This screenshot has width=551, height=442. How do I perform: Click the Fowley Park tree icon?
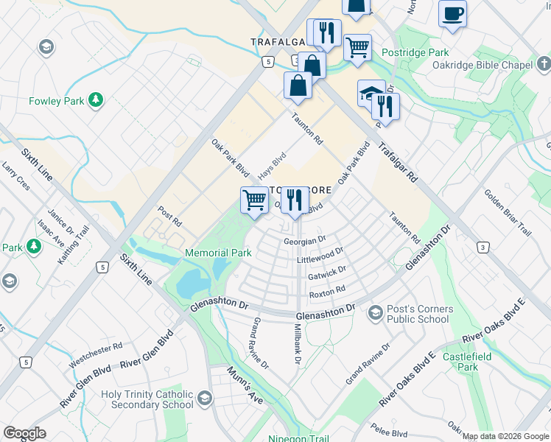click(x=94, y=99)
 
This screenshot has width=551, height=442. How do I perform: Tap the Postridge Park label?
click(x=415, y=53)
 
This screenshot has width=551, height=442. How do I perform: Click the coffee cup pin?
click(x=452, y=13)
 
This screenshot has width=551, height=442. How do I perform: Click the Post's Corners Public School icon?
click(x=376, y=313)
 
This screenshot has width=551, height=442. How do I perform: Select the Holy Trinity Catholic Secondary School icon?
click(x=204, y=399)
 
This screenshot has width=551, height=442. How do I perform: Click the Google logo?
click(x=24, y=433)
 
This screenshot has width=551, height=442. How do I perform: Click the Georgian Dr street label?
click(x=304, y=241)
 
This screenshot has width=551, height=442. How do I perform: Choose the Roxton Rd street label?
click(x=327, y=292)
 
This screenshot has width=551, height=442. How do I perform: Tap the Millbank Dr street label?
click(x=298, y=343)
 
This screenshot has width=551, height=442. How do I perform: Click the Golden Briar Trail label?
click(x=507, y=212)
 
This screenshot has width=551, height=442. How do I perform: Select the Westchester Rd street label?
click(x=96, y=355)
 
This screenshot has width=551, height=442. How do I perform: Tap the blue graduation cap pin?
click(x=369, y=93)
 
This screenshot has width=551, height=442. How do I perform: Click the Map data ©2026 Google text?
click(x=505, y=436)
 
